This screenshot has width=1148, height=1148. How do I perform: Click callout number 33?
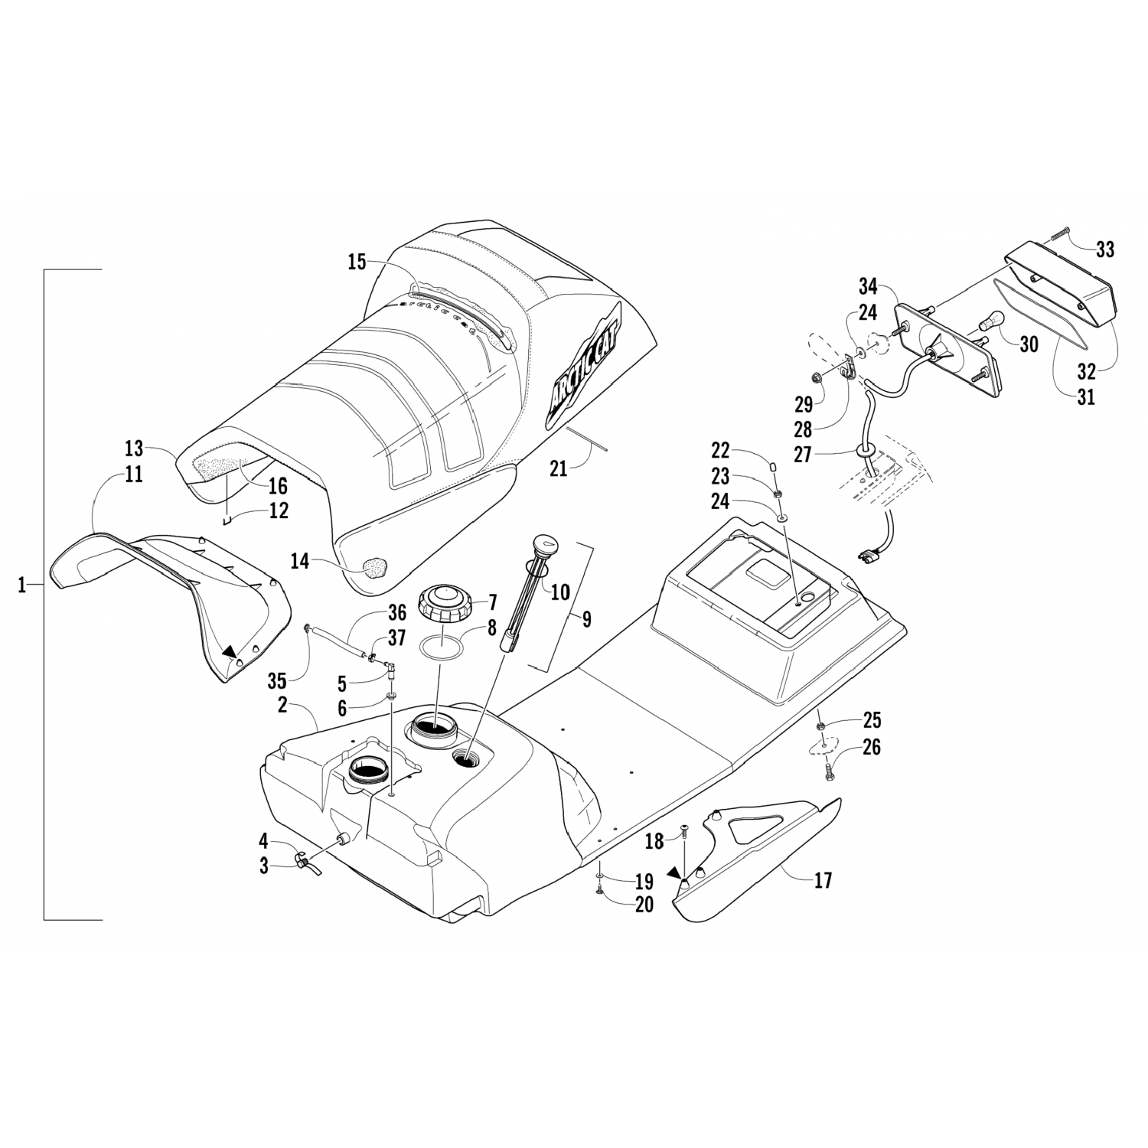(1104, 249)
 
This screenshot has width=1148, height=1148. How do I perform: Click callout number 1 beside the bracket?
(22, 586)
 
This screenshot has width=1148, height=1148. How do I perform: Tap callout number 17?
(823, 880)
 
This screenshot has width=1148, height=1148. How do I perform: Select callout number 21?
(559, 468)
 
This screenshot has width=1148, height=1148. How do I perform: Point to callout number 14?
(300, 562)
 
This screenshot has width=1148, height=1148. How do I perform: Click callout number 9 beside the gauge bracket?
(586, 619)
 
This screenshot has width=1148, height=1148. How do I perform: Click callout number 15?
(357, 263)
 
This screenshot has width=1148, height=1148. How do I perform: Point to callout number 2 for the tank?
(282, 706)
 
